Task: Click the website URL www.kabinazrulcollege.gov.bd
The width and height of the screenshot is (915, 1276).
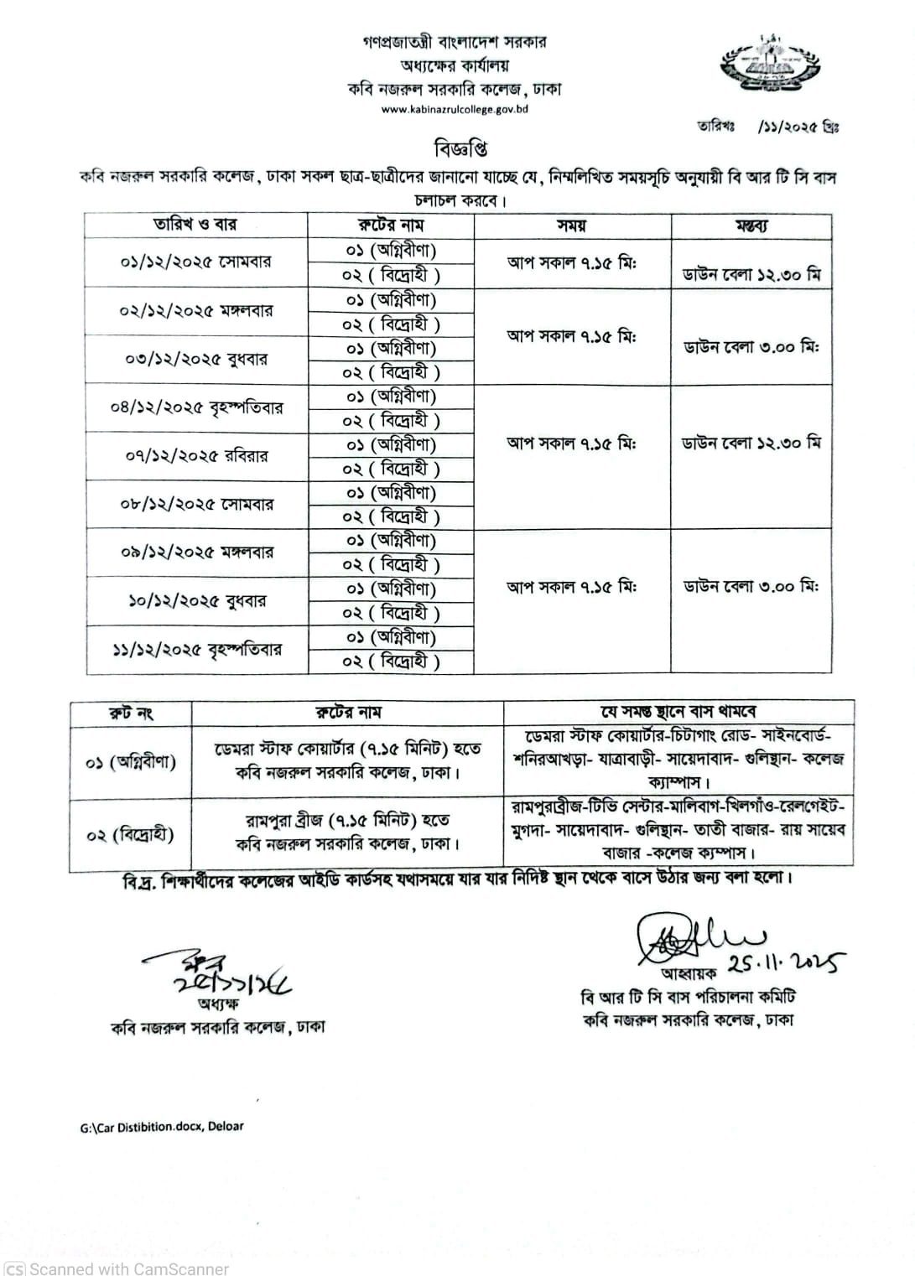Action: (455, 109)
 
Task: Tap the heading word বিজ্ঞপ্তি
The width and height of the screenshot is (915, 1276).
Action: (460, 149)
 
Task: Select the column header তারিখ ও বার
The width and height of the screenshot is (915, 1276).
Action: (195, 225)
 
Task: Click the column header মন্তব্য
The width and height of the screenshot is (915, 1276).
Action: (751, 226)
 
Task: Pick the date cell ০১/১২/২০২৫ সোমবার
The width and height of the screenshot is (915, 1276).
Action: (195, 262)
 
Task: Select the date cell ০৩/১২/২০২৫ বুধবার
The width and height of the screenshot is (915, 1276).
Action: (195, 360)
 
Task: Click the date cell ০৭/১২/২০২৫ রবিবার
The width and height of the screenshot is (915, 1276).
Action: (195, 456)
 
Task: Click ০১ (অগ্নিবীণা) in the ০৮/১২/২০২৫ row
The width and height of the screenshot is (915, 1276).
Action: (391, 493)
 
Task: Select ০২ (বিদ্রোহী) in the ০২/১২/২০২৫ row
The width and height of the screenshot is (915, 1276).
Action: (391, 324)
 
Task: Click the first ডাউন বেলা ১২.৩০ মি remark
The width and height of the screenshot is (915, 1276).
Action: (751, 274)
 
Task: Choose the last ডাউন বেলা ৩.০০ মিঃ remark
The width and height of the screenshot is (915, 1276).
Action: (751, 586)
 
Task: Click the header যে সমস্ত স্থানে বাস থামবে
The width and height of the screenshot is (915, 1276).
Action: (678, 712)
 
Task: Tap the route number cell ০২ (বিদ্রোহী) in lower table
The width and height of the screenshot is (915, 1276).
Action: (130, 835)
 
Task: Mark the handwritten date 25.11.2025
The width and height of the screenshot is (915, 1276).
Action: (789, 964)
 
